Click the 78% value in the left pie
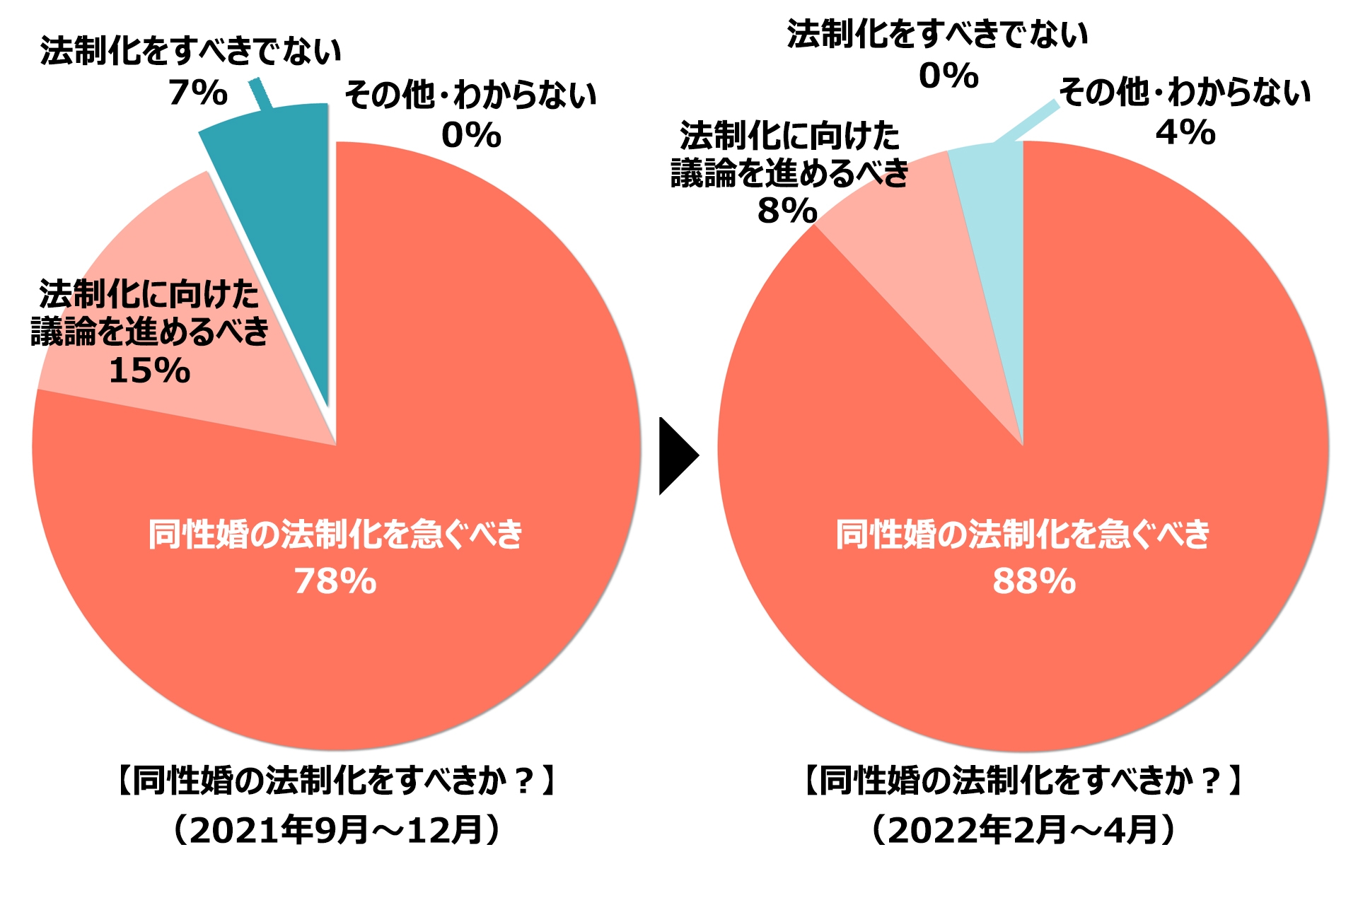335,581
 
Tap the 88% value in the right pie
1034,581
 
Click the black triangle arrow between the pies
677,456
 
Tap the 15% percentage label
150,370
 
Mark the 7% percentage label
198,93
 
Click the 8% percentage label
787,210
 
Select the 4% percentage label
1185,132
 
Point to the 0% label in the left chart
471,135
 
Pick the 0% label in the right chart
948,76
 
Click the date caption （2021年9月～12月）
337,829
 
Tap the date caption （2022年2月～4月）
1023,829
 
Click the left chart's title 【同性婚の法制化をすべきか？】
337,781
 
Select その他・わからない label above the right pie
1185,93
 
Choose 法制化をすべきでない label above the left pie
191,52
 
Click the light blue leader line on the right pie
1026,123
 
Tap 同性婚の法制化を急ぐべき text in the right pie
1023,534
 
